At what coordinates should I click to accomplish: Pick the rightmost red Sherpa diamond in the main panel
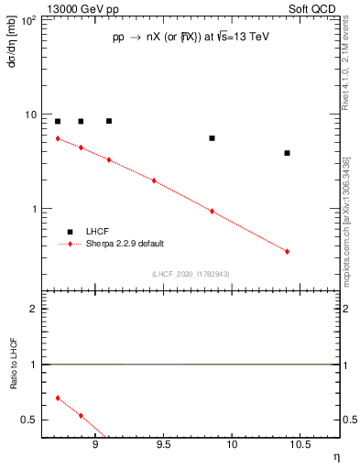[x=287, y=251]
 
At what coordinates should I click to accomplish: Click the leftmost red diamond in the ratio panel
[x=58, y=398]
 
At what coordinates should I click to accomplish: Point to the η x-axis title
[x=335, y=457]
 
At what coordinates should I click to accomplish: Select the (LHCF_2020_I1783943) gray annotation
[x=191, y=274]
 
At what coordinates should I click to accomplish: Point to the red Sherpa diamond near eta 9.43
[x=154, y=180]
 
